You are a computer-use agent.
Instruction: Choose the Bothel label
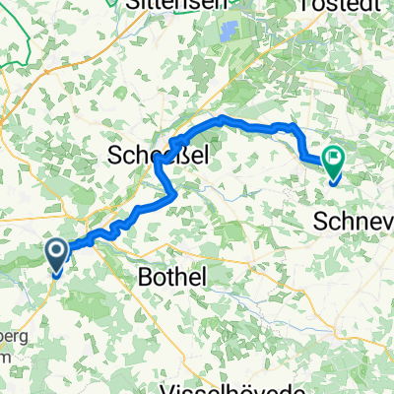[x=173, y=279]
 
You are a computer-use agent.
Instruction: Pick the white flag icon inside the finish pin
[x=335, y=155]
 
